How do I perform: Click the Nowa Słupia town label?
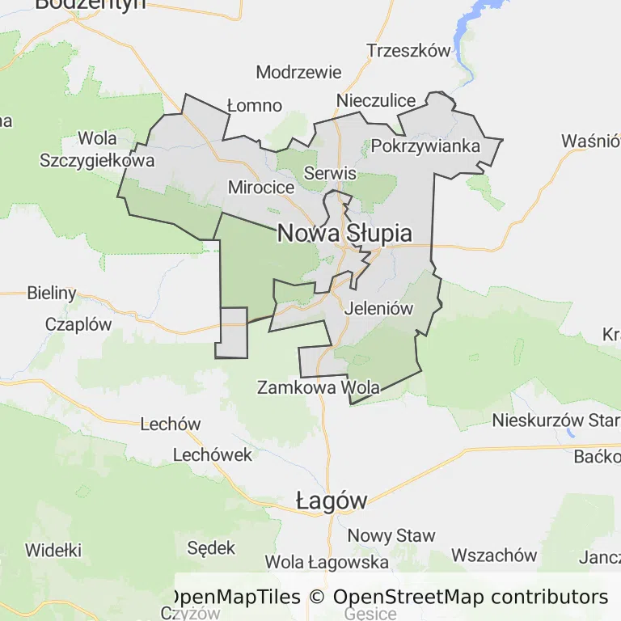click(x=344, y=234)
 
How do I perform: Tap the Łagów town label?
click(x=332, y=501)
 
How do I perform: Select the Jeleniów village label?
click(x=378, y=308)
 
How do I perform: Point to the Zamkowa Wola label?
click(x=318, y=387)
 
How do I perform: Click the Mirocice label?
click(x=261, y=187)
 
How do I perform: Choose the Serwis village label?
click(x=330, y=173)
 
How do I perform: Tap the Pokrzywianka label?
click(x=425, y=146)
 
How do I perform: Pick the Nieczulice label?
click(x=376, y=101)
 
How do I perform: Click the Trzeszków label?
click(x=408, y=50)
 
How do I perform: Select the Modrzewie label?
click(x=298, y=72)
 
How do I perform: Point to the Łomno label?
click(x=254, y=105)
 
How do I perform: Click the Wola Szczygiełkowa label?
click(x=97, y=149)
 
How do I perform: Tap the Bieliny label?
click(x=51, y=293)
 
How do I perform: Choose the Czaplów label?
click(x=78, y=324)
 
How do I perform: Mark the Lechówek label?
click(x=213, y=454)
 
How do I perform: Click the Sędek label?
click(x=211, y=548)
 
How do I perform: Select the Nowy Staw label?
click(x=391, y=535)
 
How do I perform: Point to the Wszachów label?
click(x=494, y=555)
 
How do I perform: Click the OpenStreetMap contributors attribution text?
click(x=471, y=598)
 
